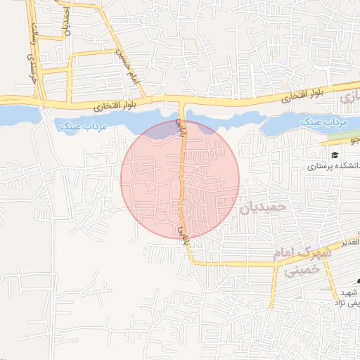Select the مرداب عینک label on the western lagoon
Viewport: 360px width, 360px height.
[79, 124]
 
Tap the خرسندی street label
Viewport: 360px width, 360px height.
[30, 67]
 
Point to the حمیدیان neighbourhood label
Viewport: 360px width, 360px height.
[263, 207]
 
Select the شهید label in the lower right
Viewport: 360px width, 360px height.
[349, 291]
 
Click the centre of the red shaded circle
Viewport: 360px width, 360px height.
[180, 179]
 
